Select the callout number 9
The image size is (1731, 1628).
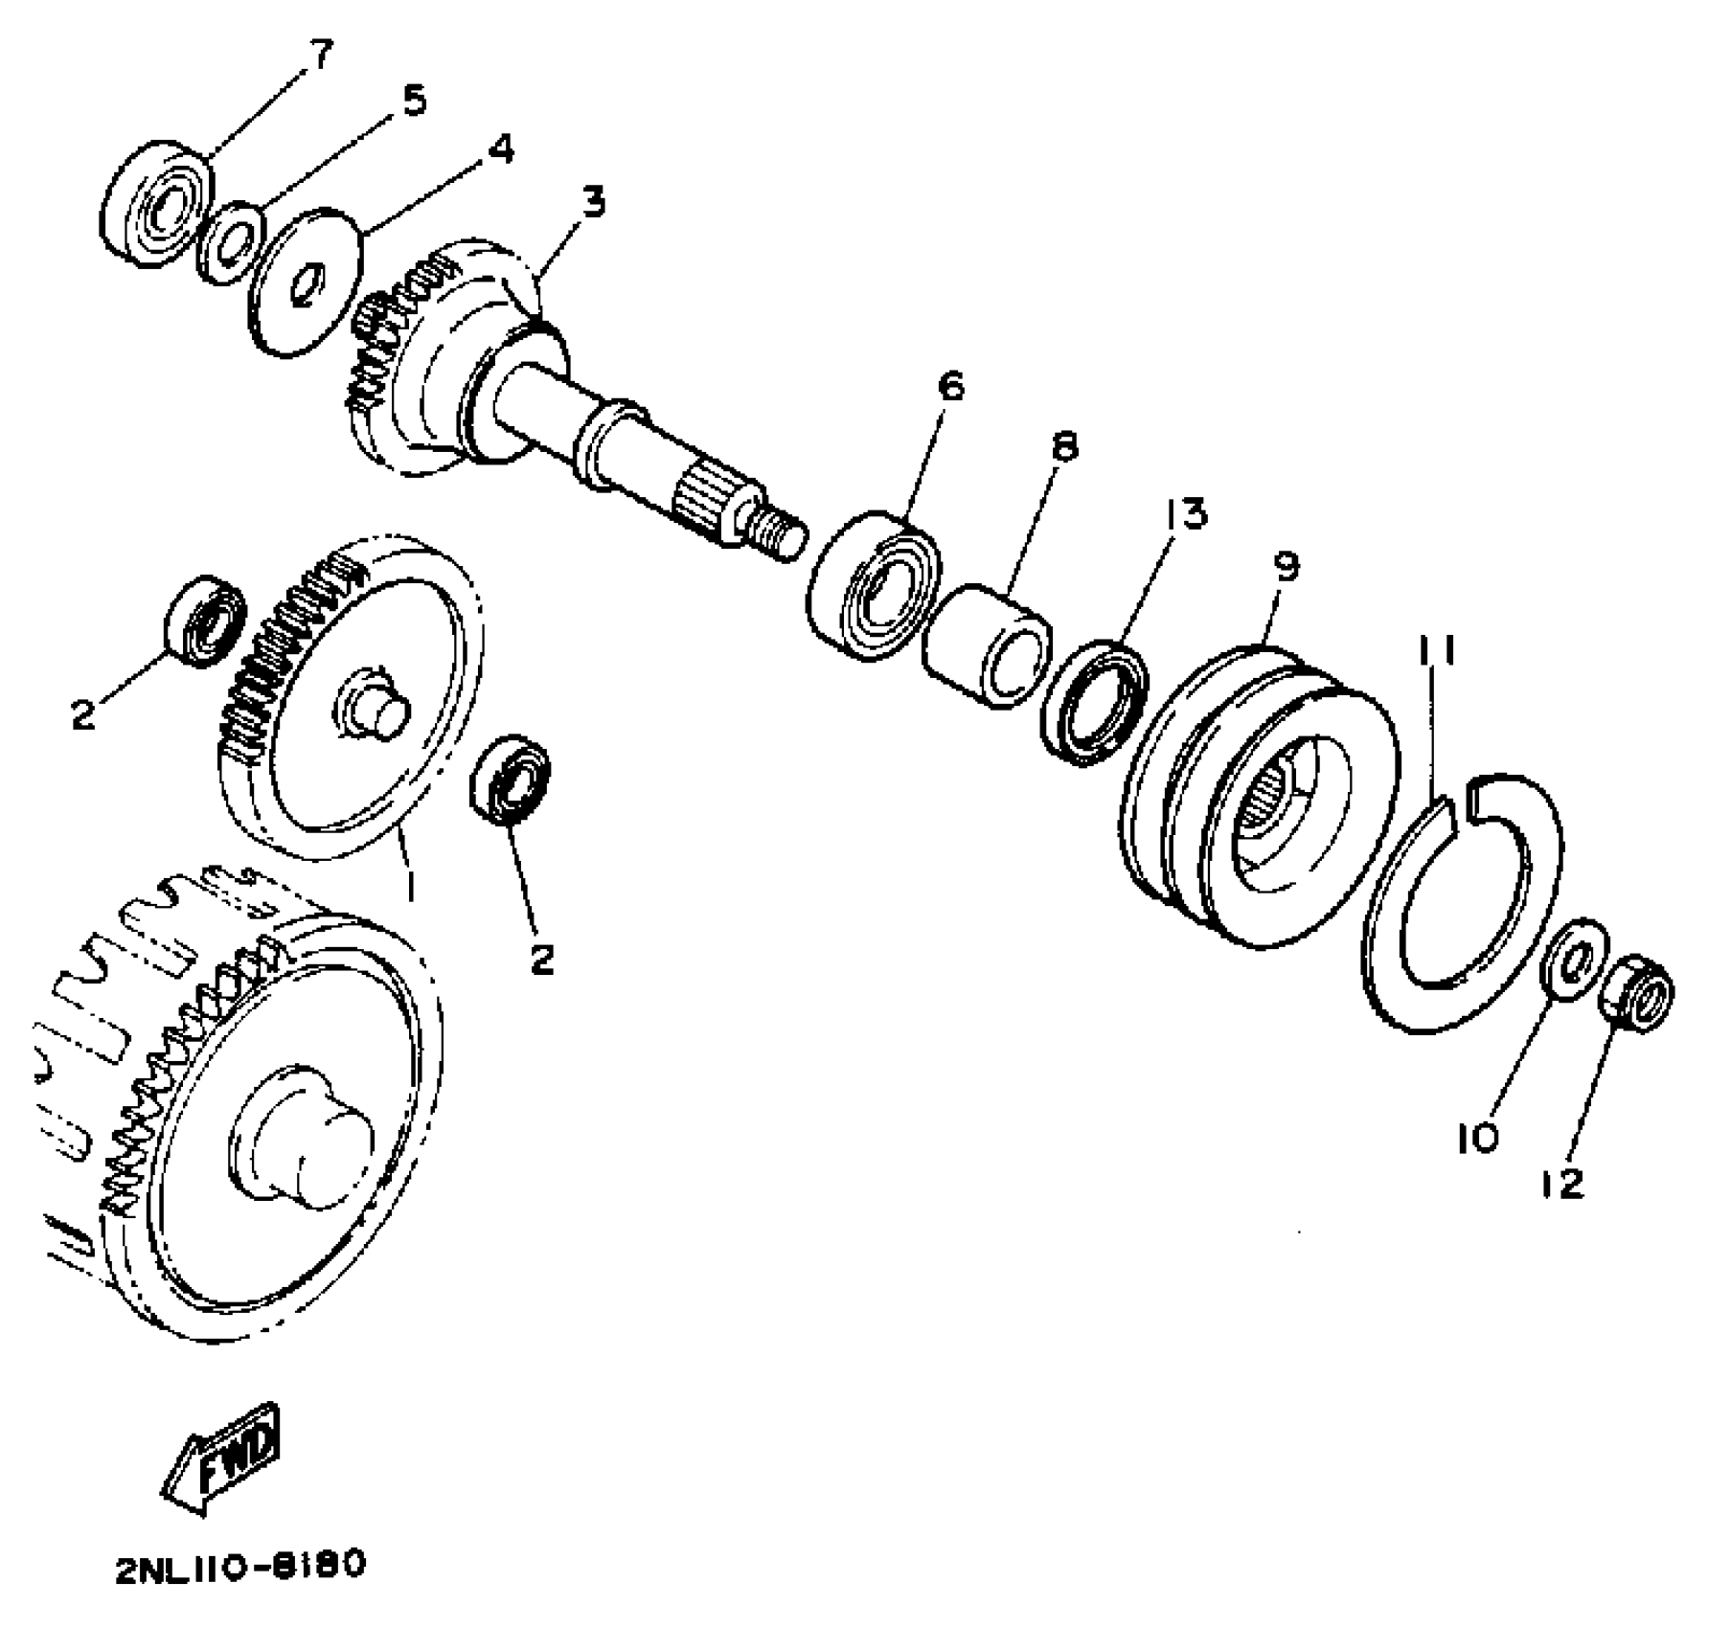1287,567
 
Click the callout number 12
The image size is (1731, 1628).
1564,1184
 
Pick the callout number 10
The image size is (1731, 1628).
1477,1138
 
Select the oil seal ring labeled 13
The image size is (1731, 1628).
1095,704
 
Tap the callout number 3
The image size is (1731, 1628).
593,203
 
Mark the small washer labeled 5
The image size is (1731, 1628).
230,243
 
